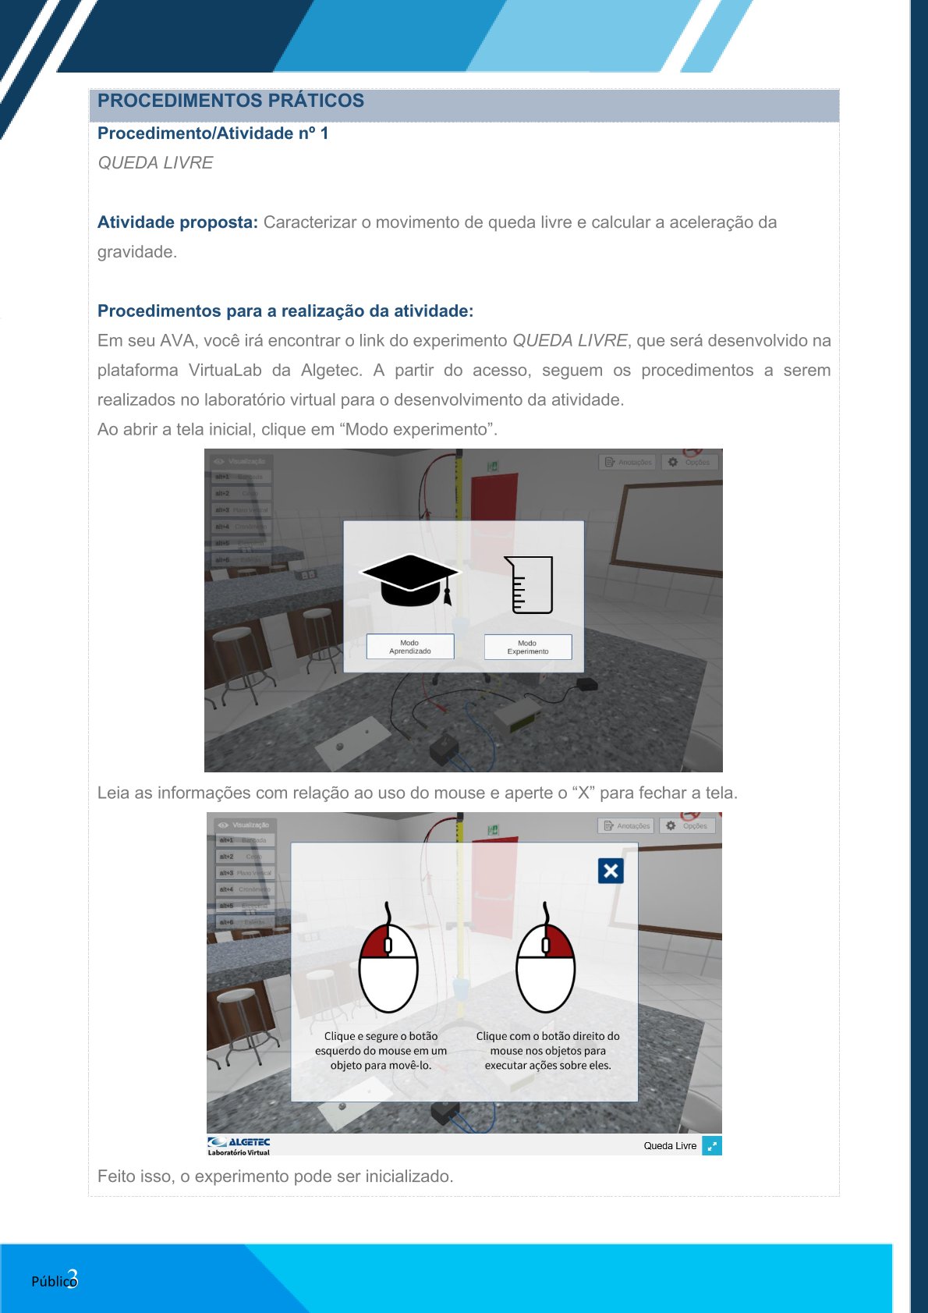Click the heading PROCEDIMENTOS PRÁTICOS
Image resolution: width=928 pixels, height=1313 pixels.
point(231,101)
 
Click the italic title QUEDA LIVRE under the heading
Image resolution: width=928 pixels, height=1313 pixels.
point(155,163)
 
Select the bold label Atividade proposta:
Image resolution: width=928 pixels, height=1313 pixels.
point(177,222)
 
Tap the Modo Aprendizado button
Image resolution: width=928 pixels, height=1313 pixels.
point(410,647)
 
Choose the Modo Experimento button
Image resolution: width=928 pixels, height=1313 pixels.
point(528,647)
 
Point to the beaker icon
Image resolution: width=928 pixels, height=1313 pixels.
point(530,584)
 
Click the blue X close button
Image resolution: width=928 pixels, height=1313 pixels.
point(611,871)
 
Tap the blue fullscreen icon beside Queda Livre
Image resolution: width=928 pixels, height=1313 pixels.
point(711,1145)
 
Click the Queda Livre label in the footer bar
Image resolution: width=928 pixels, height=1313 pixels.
point(670,1146)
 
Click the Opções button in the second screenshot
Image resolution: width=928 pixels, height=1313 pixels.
point(687,825)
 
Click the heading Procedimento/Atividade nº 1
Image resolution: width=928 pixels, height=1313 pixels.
point(213,133)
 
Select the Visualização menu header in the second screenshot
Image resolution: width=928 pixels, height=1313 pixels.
point(243,825)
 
